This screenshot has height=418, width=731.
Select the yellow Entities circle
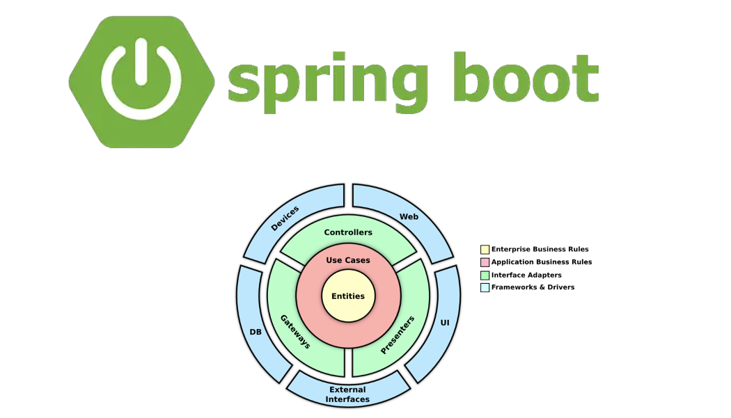[x=348, y=296]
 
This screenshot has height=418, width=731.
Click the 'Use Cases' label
[x=348, y=260]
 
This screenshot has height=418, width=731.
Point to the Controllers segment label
[x=348, y=232]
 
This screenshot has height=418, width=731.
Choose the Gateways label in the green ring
[x=295, y=331]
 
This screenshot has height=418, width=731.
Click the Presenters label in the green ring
[x=398, y=335]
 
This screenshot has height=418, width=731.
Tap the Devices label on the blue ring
[x=285, y=218]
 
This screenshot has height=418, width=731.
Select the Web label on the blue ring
[x=409, y=217]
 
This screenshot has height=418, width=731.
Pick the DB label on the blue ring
[x=256, y=332]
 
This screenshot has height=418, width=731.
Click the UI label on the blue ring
[x=445, y=323]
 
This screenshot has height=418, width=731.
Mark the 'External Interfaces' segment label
[x=347, y=394]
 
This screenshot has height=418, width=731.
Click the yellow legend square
[x=485, y=249]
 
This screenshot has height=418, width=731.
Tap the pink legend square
[x=485, y=262]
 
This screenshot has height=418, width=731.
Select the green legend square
[x=485, y=275]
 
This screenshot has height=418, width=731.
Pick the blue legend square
[x=485, y=287]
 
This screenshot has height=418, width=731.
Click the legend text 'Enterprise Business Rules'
[x=540, y=249]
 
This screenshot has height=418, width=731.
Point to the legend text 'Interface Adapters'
[x=526, y=275]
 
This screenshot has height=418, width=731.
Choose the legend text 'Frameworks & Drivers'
[x=533, y=287]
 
